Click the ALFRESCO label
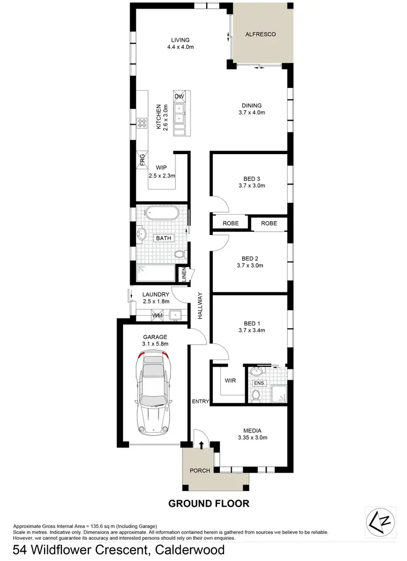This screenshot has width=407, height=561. tap(260, 34)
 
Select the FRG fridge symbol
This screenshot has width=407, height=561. tap(142, 161)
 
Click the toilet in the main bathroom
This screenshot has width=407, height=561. tap(180, 254)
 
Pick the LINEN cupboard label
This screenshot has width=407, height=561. tap(185, 275)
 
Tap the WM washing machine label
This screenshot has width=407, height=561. tap(157, 315)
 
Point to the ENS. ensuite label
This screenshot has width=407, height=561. tap(258, 383)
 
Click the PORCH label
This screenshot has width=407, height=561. tap(200, 470)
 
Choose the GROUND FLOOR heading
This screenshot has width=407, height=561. tap(209, 503)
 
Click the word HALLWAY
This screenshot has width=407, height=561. tap(200, 305)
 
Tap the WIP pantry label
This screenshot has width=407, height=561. tap(161, 168)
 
